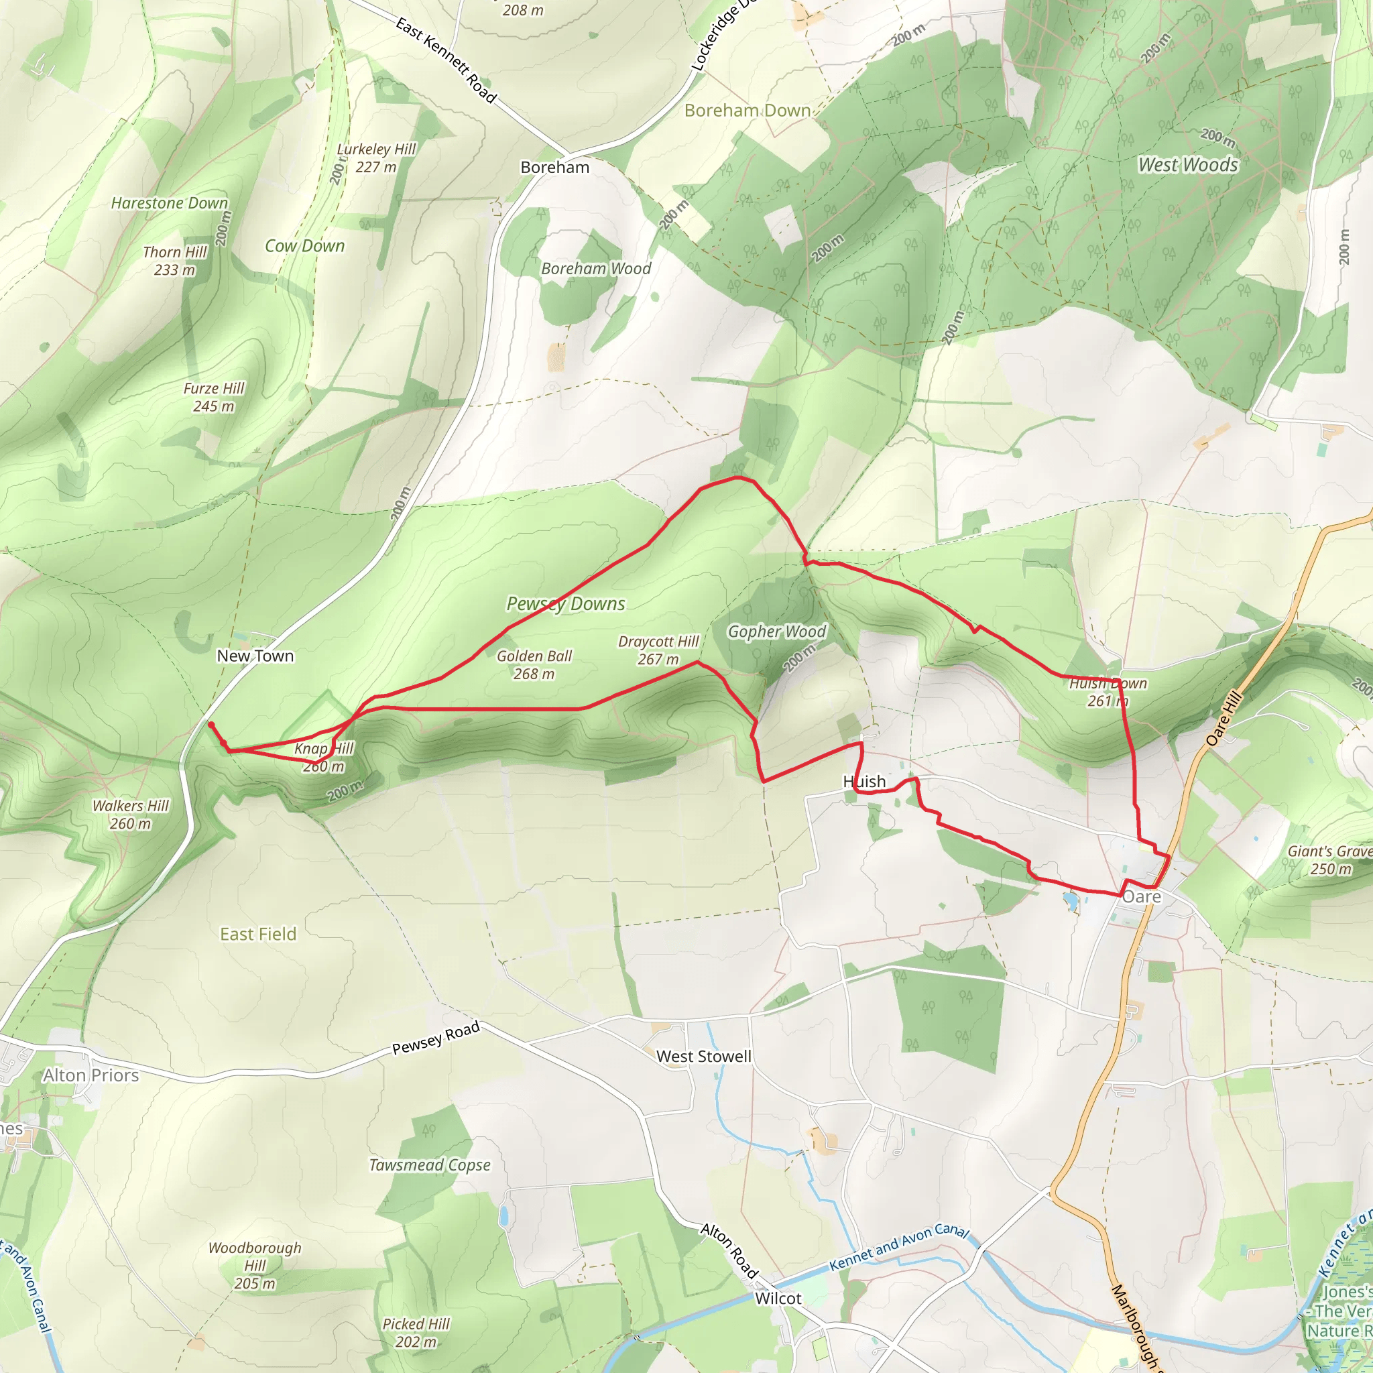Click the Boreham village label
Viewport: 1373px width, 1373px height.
(554, 168)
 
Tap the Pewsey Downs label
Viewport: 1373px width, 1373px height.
(566, 603)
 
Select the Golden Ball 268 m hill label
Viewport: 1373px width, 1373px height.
(534, 664)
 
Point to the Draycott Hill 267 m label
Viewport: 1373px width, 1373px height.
(658, 650)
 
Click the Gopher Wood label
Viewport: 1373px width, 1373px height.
(777, 631)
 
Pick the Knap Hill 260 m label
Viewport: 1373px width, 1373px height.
(323, 757)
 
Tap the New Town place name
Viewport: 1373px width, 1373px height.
(255, 656)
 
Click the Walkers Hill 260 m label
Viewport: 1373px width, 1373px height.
(131, 815)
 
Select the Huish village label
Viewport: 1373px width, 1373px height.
(864, 782)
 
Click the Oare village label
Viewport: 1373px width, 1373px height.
(1141, 897)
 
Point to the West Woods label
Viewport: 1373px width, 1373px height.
(1187, 165)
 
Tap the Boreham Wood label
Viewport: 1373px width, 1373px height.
(595, 269)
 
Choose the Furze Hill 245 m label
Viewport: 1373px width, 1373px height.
(213, 398)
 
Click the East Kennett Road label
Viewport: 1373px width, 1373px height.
(446, 61)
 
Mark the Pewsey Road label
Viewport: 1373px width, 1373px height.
(436, 1038)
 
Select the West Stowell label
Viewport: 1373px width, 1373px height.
(703, 1057)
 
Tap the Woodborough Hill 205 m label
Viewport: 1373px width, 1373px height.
(254, 1265)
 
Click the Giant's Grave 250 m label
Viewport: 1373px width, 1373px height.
(1329, 860)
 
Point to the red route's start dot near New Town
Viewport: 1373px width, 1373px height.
(211, 724)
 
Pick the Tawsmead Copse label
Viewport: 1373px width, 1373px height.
(429, 1165)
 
